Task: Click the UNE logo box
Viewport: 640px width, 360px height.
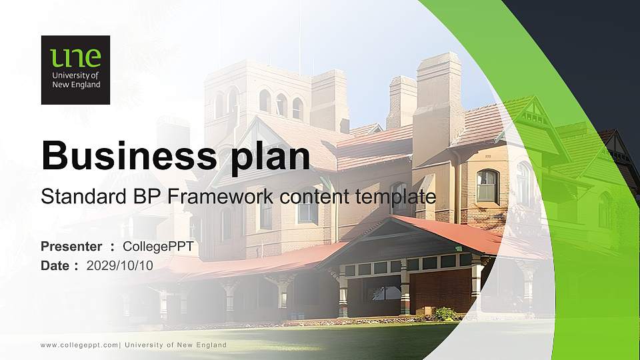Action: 75,70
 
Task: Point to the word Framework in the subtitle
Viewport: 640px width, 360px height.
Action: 220,197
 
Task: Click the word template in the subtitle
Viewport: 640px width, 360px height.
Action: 399,197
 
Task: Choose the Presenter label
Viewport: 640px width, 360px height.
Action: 71,247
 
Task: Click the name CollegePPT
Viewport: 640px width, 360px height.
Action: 159,247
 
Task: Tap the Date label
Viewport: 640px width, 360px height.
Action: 55,265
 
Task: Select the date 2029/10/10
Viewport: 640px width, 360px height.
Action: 120,265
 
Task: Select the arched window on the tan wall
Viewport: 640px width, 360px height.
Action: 487,185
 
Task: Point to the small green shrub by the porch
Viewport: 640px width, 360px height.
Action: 445,313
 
